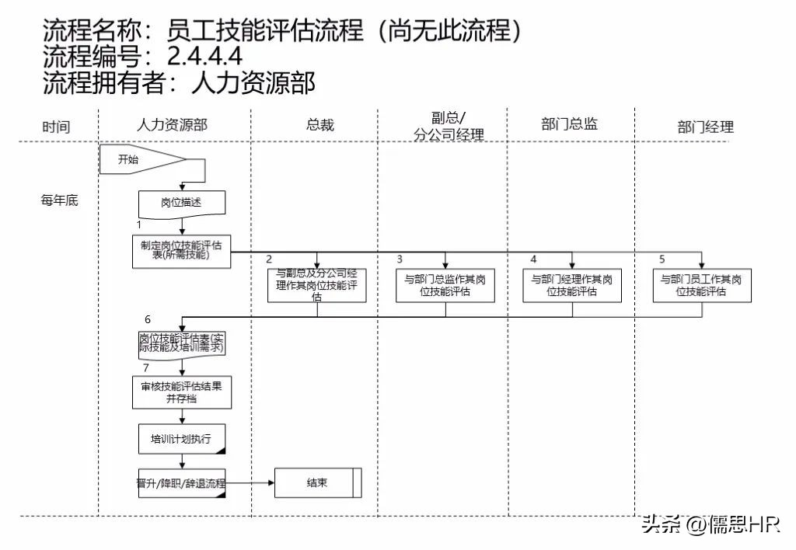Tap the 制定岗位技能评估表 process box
click(x=181, y=251)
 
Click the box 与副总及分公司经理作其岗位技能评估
click(x=317, y=284)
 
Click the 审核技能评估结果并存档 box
click(x=181, y=392)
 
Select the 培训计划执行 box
click(x=182, y=439)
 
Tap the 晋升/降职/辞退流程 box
click(x=181, y=483)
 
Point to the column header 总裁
click(x=319, y=124)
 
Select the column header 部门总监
click(x=569, y=124)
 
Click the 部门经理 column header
click(x=705, y=127)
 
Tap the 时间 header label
click(x=56, y=127)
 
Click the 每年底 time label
click(x=59, y=200)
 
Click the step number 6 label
click(x=148, y=319)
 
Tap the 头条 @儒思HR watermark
click(x=710, y=525)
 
